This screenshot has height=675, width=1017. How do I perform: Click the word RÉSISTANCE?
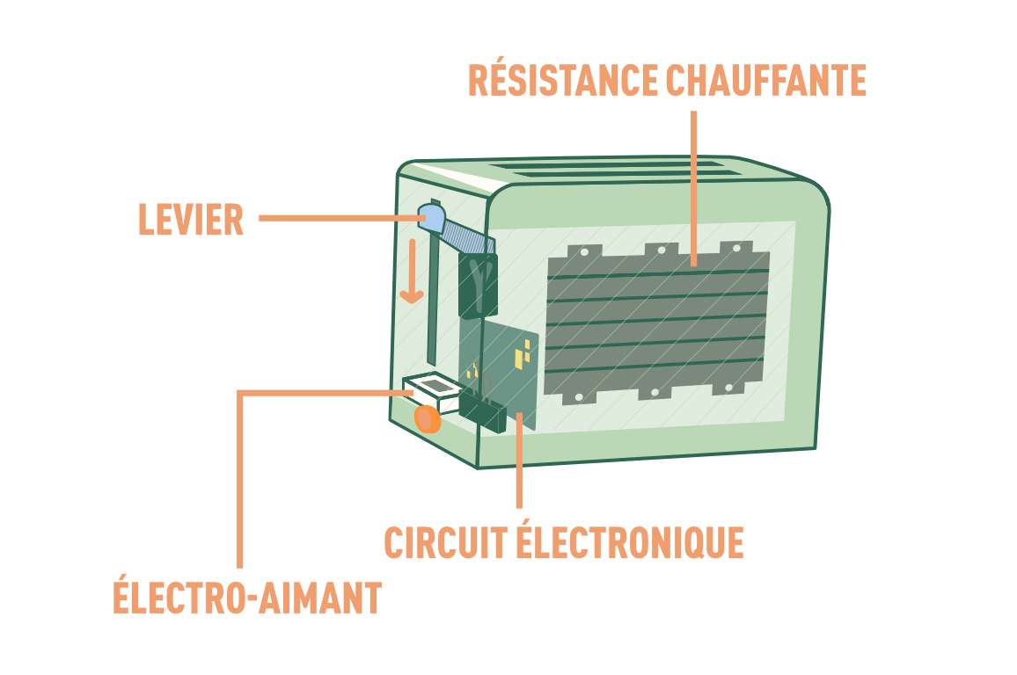(561, 81)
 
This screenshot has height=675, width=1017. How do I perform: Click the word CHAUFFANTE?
(765, 81)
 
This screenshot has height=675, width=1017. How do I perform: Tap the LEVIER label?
(190, 220)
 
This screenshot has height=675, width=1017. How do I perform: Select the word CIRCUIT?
(444, 542)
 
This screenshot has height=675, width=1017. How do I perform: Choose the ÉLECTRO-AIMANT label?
(246, 598)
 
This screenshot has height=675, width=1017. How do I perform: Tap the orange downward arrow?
(411, 272)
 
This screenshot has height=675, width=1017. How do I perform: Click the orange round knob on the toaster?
(428, 418)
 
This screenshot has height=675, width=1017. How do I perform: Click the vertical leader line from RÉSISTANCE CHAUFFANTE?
(694, 176)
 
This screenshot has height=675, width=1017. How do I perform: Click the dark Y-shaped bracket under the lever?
(476, 283)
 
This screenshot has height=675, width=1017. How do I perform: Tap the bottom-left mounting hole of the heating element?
(578, 397)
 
